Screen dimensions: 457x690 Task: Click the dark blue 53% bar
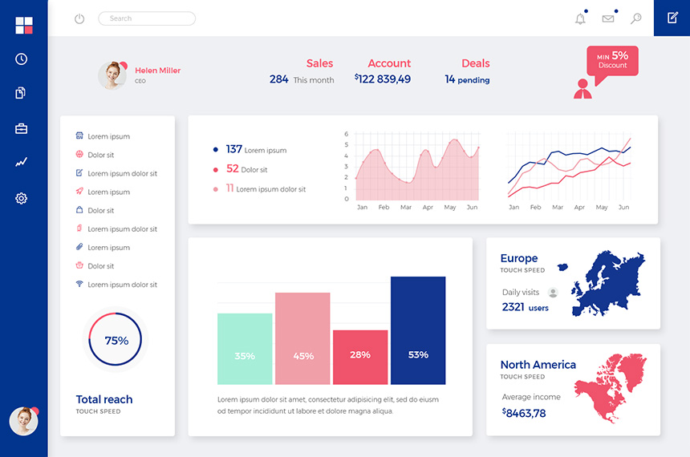(418, 330)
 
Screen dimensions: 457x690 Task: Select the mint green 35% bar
(245, 349)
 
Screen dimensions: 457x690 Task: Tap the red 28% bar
(360, 357)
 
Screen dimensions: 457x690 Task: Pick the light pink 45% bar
(302, 338)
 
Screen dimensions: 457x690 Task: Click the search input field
(147, 18)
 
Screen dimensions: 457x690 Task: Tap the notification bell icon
(580, 18)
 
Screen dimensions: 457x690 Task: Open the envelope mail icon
(608, 18)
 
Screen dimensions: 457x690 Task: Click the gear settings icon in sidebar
(22, 198)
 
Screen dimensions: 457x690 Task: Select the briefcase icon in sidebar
(22, 128)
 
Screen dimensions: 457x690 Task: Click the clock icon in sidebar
(22, 59)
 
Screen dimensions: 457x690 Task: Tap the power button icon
(79, 18)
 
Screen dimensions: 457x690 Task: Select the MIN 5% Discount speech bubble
(612, 60)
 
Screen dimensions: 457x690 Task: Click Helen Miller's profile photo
(112, 75)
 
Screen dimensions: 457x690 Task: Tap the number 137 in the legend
(233, 149)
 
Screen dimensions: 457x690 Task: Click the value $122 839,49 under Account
(383, 79)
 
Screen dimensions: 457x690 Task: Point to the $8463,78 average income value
(524, 414)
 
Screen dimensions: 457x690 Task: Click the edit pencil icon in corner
(672, 18)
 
